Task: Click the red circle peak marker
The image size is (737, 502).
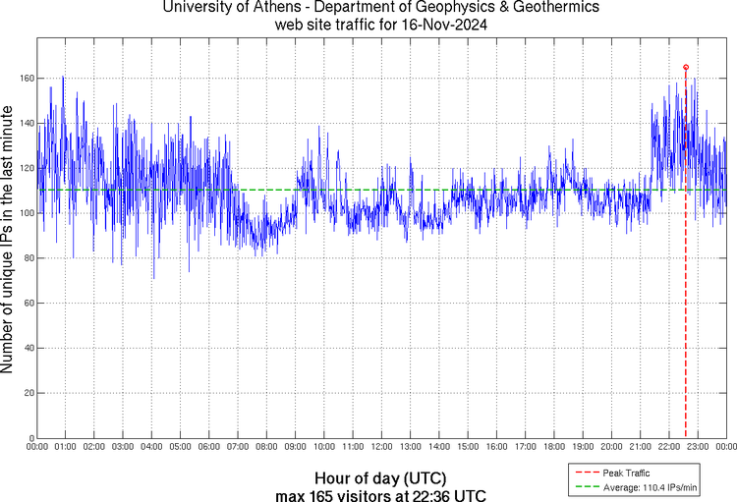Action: (x=685, y=67)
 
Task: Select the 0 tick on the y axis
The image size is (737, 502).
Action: (x=29, y=438)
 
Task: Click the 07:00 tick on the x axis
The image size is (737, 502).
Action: (x=238, y=447)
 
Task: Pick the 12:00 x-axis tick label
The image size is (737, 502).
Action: (x=381, y=447)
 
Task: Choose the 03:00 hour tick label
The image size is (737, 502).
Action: (x=123, y=447)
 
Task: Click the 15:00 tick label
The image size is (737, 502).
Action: (x=468, y=447)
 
